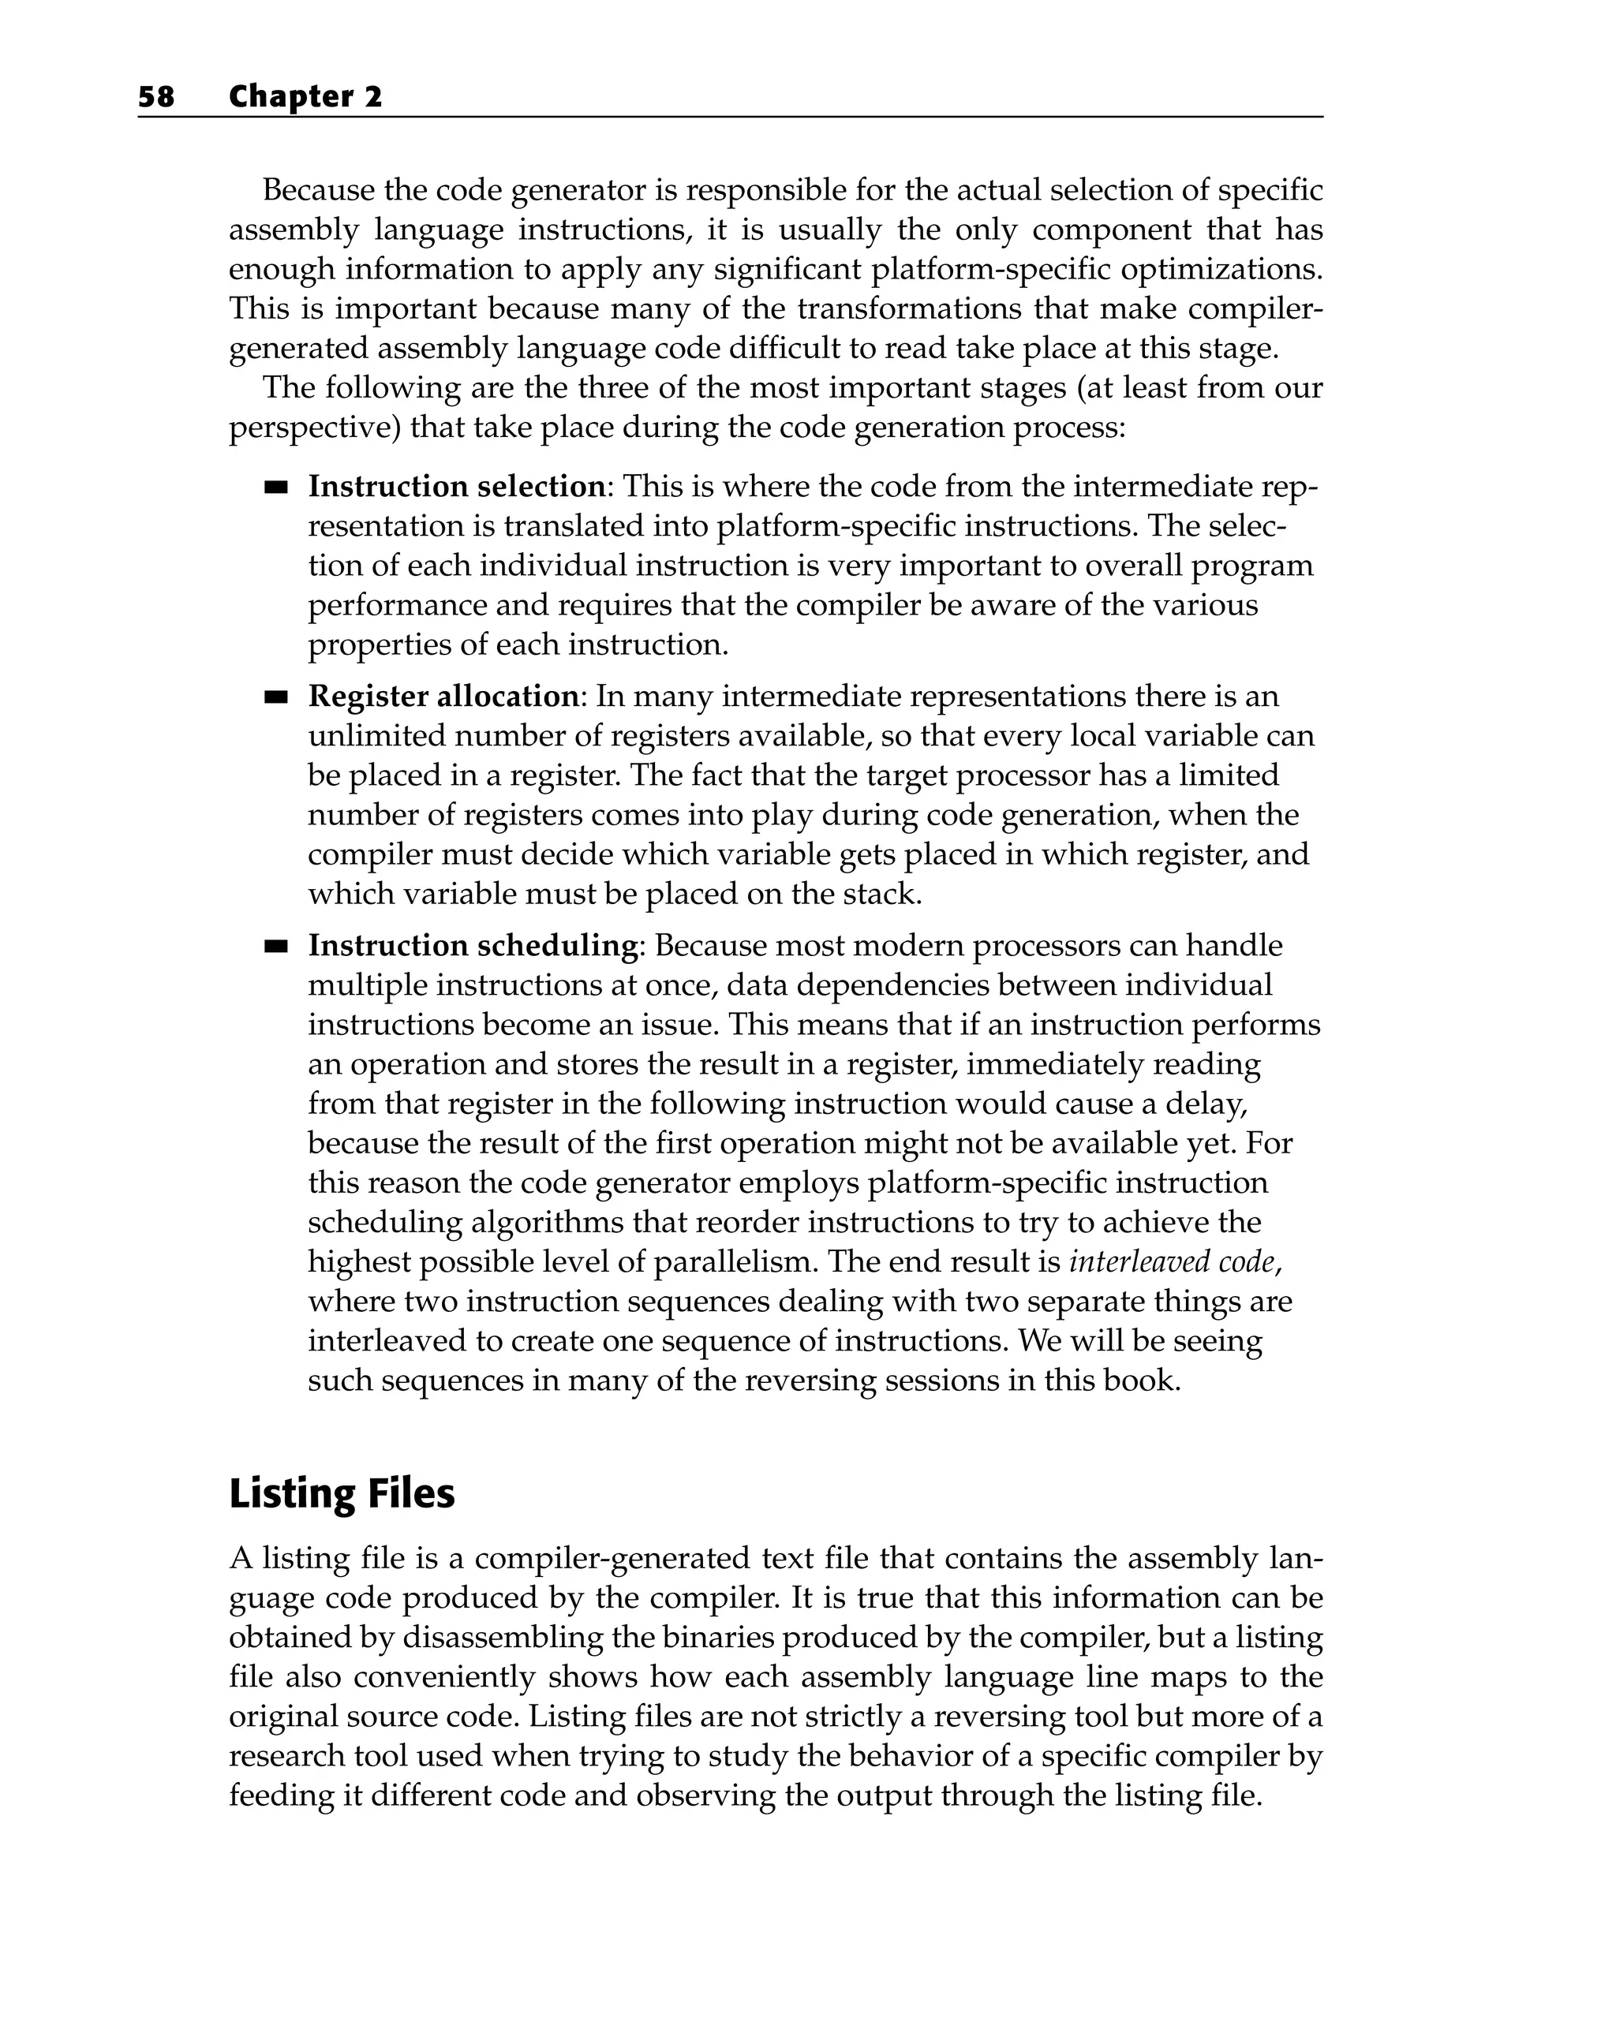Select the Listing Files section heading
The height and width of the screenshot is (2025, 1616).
(341, 1493)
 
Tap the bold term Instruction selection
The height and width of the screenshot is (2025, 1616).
(457, 487)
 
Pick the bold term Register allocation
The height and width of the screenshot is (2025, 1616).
(443, 696)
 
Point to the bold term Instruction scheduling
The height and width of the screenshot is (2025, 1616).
(473, 945)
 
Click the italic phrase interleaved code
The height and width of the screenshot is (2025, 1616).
(1173, 1261)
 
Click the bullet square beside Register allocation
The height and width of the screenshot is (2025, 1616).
(275, 697)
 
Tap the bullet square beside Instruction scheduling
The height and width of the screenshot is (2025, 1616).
(275, 946)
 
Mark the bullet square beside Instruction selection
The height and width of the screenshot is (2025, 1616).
(275, 488)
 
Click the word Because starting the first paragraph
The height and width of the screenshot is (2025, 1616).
(317, 191)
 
